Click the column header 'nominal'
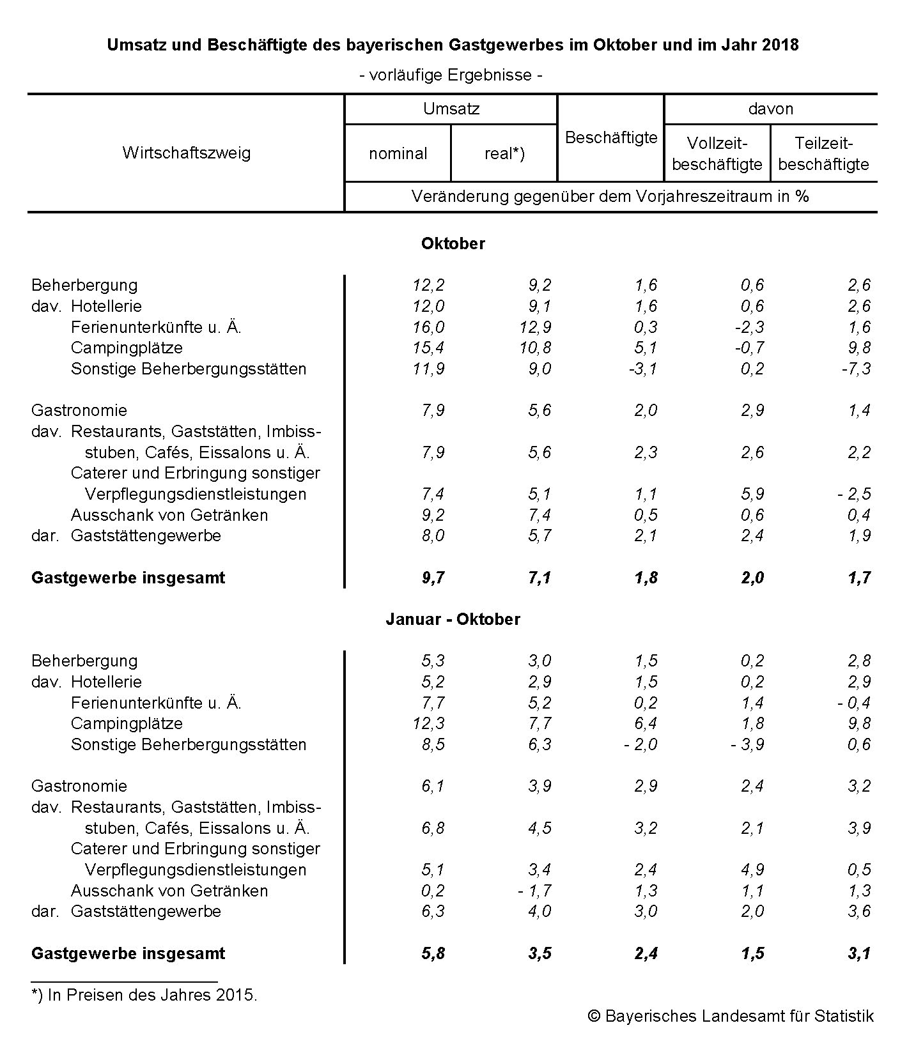(x=398, y=153)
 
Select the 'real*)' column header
(x=504, y=153)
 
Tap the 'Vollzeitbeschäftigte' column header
(x=717, y=154)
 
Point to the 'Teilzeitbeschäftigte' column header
(x=823, y=154)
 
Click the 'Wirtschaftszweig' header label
(x=187, y=153)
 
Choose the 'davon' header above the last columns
(x=770, y=109)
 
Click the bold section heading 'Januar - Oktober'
(x=453, y=619)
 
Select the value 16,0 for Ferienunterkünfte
(x=428, y=327)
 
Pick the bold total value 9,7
(x=433, y=578)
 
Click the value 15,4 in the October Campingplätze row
(x=428, y=348)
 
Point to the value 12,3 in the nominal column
(x=428, y=723)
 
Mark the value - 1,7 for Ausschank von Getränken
(x=534, y=891)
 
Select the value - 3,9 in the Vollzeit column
(x=747, y=744)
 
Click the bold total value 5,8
(x=433, y=953)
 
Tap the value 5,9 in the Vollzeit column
(x=752, y=494)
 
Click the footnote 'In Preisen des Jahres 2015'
(x=144, y=995)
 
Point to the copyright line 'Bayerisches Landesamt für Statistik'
(x=731, y=1016)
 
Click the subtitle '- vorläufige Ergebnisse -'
(x=451, y=75)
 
